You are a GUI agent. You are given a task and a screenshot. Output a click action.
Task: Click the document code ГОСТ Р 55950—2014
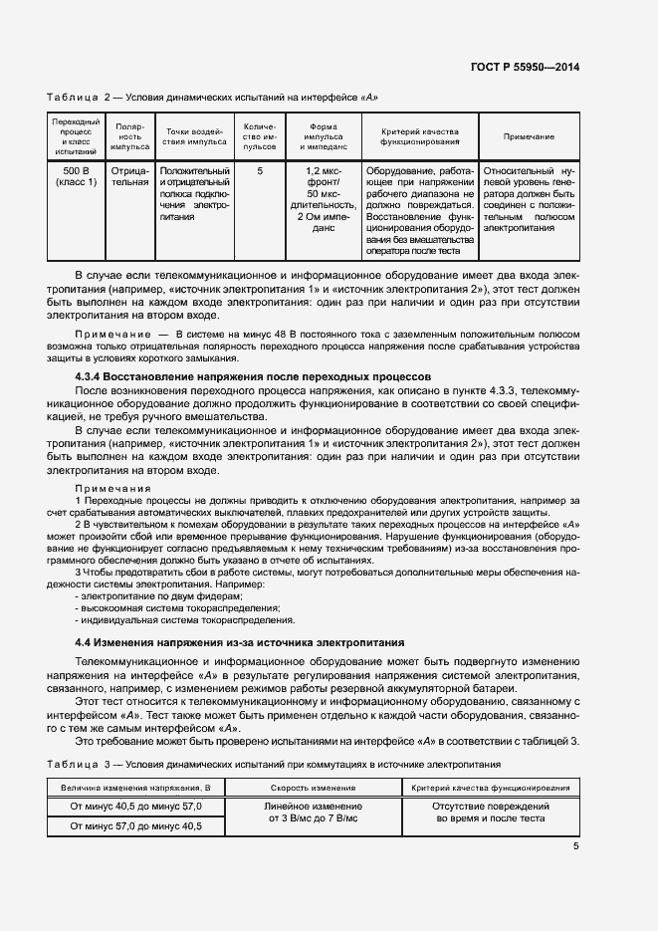pyautogui.click(x=525, y=68)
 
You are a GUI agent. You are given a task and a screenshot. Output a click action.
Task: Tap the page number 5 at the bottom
pyautogui.click(x=575, y=846)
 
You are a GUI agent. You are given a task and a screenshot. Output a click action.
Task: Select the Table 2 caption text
pyautogui.click(x=212, y=97)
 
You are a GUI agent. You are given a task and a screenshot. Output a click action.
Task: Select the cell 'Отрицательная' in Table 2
pyautogui.click(x=129, y=177)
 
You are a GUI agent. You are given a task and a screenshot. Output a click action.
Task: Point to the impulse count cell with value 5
pyautogui.click(x=260, y=171)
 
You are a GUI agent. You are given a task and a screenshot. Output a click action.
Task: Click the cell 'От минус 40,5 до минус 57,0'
pyautogui.click(x=135, y=806)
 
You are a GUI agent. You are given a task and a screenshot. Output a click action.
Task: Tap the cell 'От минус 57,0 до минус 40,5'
pyautogui.click(x=135, y=825)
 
